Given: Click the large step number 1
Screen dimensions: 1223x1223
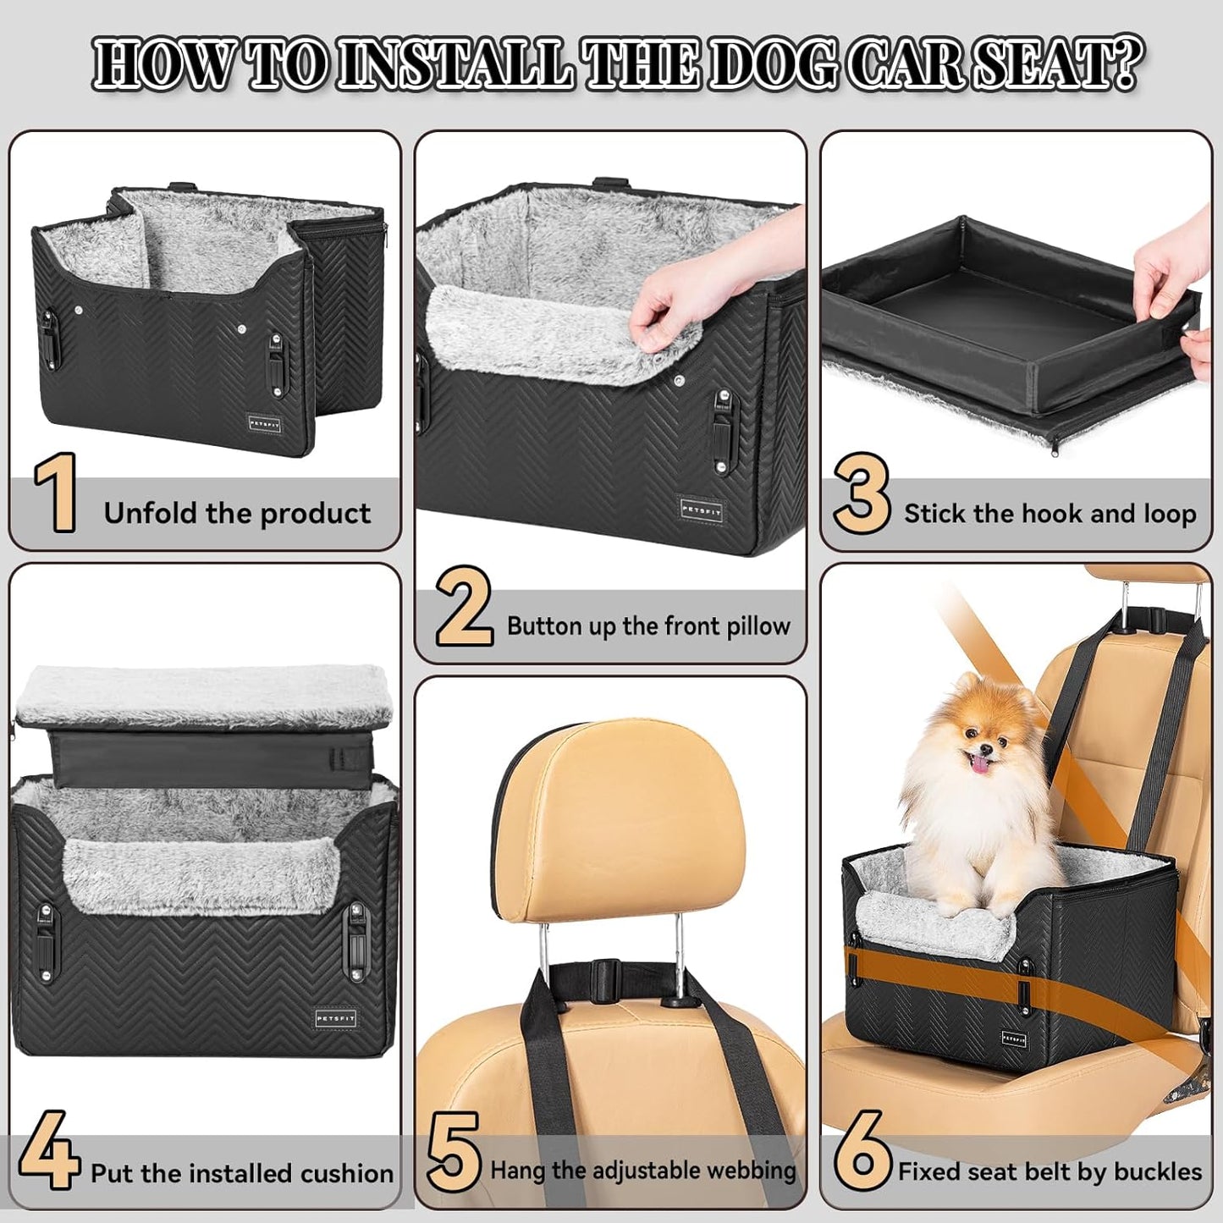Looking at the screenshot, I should click(56, 493).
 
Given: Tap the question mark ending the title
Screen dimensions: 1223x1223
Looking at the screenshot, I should click(1125, 63).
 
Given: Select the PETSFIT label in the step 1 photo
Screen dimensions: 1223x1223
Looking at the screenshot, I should click(264, 421).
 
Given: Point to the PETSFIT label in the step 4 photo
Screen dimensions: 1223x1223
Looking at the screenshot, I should click(335, 1018).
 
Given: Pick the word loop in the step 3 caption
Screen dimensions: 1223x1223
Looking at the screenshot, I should click(1168, 514).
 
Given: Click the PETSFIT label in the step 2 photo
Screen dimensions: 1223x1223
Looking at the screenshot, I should click(701, 510).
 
